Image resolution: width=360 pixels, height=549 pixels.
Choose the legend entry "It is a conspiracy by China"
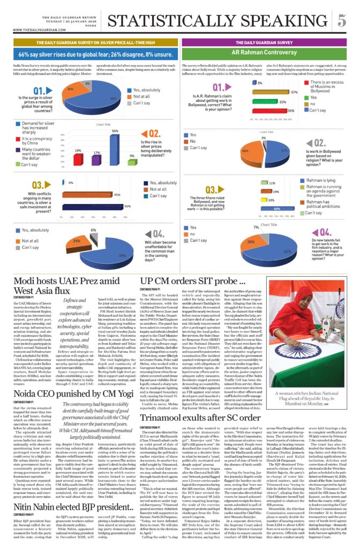(36, 141)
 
